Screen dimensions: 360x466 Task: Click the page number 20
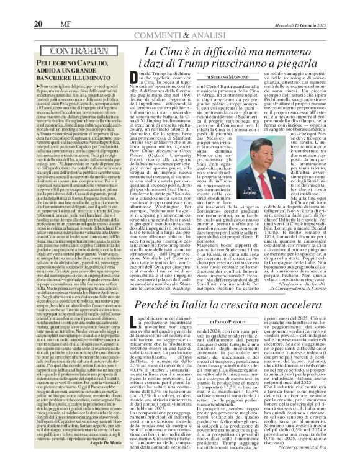click(x=20, y=7)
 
